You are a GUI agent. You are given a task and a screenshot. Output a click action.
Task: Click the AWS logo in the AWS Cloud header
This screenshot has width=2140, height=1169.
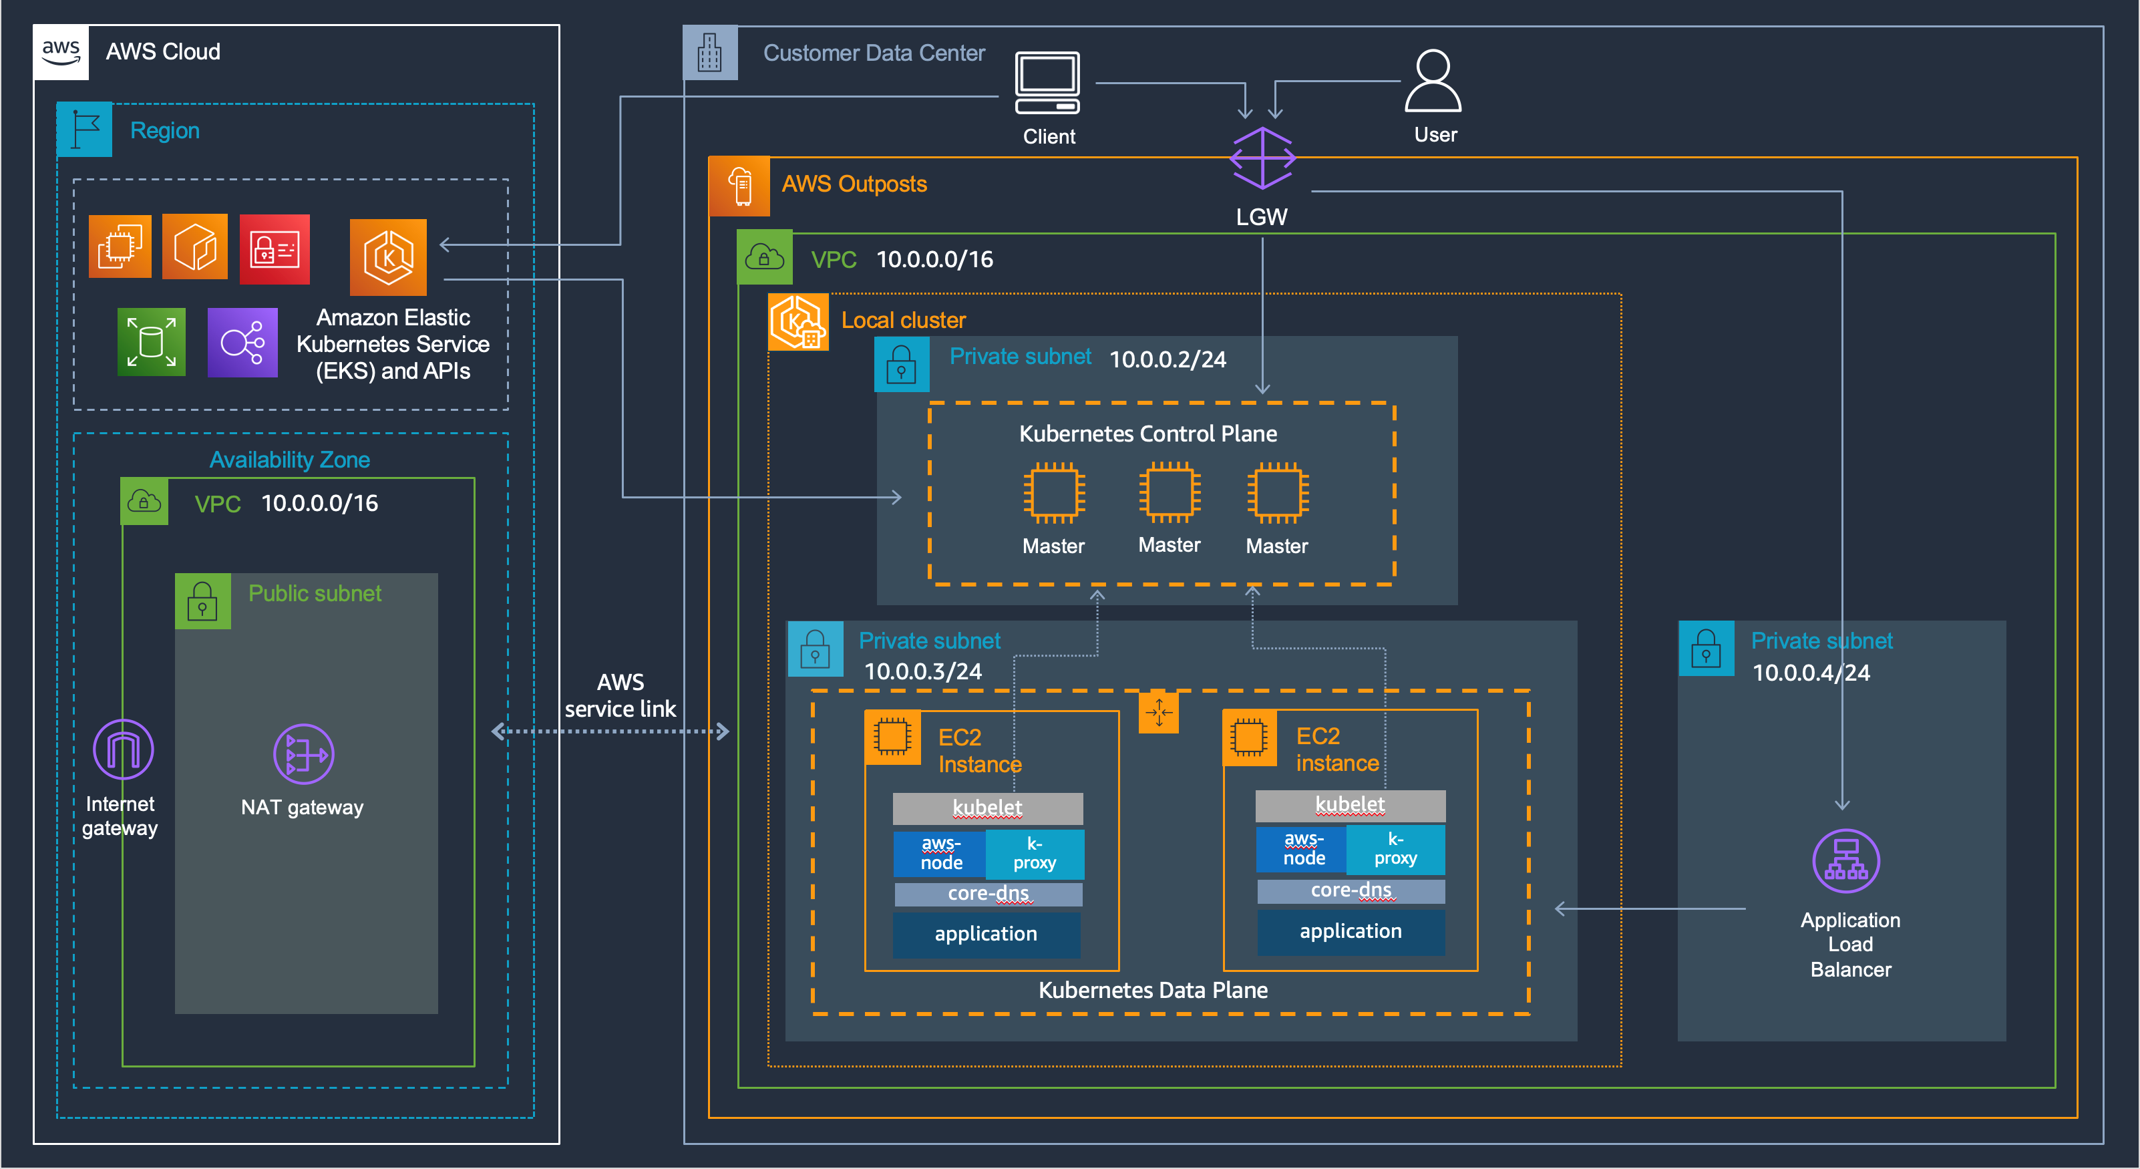pyautogui.click(x=61, y=51)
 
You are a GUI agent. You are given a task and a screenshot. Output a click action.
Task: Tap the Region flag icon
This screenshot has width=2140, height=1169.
pyautogui.click(x=84, y=130)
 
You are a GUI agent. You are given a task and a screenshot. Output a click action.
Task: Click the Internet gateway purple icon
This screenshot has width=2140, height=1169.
pyautogui.click(x=123, y=749)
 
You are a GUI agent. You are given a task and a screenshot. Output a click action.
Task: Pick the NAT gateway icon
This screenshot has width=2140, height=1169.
pyautogui.click(x=303, y=754)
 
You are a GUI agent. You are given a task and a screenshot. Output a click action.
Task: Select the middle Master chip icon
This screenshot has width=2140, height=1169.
pyautogui.click(x=1169, y=493)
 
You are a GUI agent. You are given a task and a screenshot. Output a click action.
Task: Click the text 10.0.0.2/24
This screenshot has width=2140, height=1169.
pyautogui.click(x=1168, y=359)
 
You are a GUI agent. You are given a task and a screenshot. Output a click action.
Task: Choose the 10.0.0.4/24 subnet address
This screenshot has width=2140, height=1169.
pyautogui.click(x=1810, y=672)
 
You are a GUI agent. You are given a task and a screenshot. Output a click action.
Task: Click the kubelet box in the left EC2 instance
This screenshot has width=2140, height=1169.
pyautogui.click(x=987, y=808)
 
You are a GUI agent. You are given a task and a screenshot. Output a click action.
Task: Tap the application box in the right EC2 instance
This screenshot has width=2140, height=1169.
pyautogui.click(x=1350, y=931)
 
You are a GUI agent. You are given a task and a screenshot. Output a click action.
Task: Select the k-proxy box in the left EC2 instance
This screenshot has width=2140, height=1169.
pyautogui.click(x=1035, y=853)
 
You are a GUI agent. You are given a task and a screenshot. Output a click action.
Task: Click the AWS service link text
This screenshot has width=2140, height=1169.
pyautogui.click(x=620, y=695)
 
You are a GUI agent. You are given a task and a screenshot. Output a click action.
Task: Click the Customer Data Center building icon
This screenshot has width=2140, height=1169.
pyautogui.click(x=709, y=53)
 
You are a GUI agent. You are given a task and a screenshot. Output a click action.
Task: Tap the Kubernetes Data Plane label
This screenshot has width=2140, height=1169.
pyautogui.click(x=1152, y=989)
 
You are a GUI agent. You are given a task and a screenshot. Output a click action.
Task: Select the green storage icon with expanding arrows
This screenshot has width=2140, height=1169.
pyautogui.click(x=151, y=341)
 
